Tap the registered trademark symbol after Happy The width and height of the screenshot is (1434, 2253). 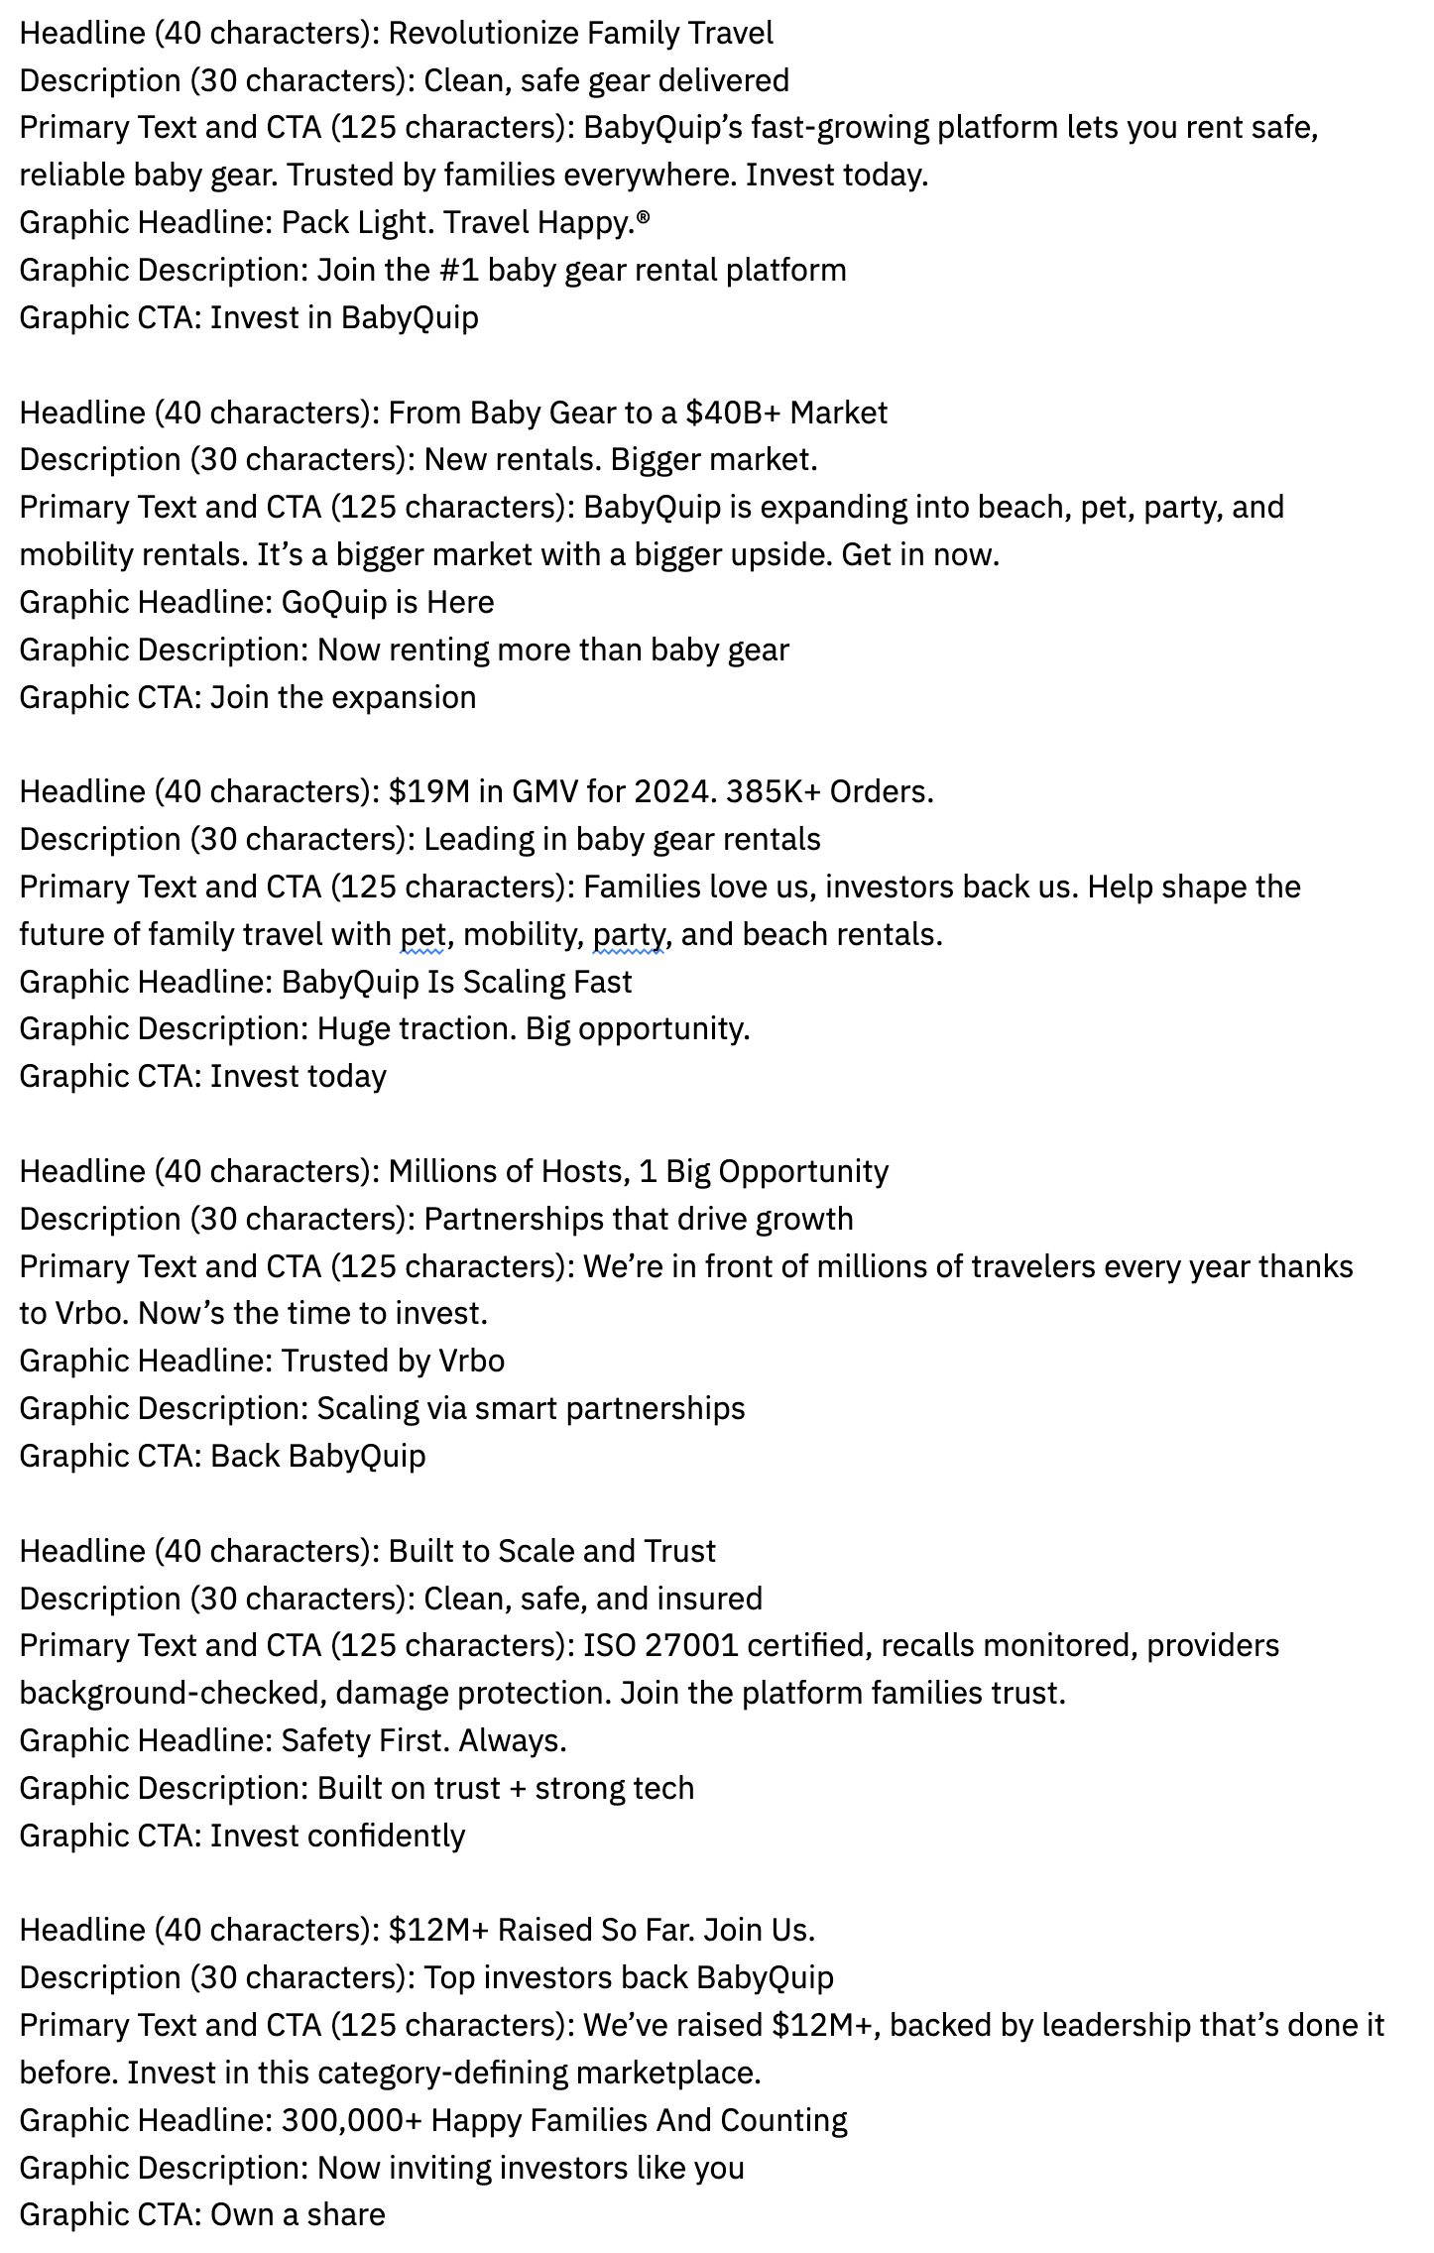(644, 217)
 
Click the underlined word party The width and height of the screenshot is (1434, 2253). (628, 935)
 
